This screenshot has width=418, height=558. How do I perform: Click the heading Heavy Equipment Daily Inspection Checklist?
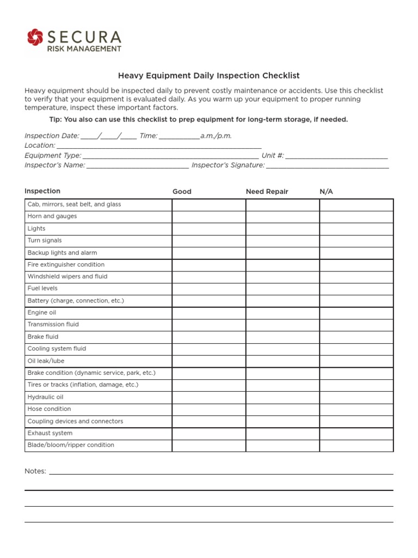pyautogui.click(x=209, y=76)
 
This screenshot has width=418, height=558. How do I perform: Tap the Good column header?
pyautogui.click(x=182, y=191)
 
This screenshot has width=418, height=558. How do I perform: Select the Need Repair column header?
pyautogui.click(x=267, y=191)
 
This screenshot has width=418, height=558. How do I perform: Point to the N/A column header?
pyautogui.click(x=326, y=191)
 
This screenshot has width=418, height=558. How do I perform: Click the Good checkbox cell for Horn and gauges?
pyautogui.click(x=208, y=216)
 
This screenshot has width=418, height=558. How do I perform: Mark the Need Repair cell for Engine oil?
pyautogui.click(x=282, y=313)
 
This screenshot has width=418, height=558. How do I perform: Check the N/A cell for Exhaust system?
pyautogui.click(x=356, y=433)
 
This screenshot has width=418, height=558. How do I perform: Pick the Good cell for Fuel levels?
pyautogui.click(x=208, y=289)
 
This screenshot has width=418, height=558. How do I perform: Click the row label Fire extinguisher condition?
pyautogui.click(x=66, y=265)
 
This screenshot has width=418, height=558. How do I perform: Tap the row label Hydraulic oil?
pyautogui.click(x=45, y=397)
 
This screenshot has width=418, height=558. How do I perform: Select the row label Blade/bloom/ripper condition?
pyautogui.click(x=71, y=445)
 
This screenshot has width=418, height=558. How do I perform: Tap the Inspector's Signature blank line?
pyautogui.click(x=327, y=166)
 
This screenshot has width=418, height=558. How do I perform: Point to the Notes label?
pyautogui.click(x=35, y=471)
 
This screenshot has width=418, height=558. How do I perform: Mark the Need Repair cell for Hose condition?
pyautogui.click(x=282, y=409)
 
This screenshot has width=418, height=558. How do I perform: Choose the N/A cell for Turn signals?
pyautogui.click(x=356, y=240)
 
